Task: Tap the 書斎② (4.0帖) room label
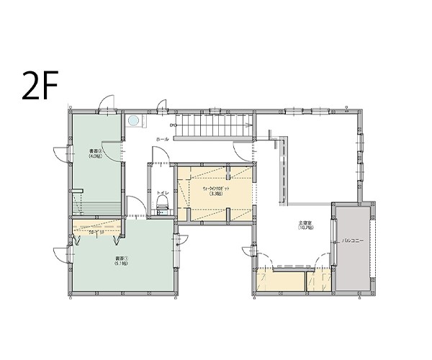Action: [94, 153]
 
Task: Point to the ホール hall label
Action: [162, 139]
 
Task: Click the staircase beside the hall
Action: [214, 128]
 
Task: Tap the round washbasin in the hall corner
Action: [133, 121]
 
